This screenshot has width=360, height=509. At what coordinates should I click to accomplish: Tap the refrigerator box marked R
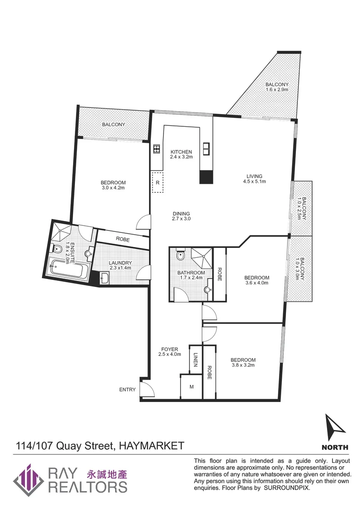point(158,182)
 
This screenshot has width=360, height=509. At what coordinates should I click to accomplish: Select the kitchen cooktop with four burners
point(157,149)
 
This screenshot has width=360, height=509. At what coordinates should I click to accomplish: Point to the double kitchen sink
point(206,149)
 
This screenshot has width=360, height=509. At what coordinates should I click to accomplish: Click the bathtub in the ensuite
point(68,270)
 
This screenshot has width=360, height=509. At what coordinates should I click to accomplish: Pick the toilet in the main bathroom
point(180,255)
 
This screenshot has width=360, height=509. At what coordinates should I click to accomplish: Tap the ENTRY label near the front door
point(127,390)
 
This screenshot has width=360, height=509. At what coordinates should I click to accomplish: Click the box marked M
point(191,386)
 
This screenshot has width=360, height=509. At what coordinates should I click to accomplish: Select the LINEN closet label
point(195,361)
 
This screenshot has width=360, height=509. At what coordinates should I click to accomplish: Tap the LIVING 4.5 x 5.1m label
point(254,179)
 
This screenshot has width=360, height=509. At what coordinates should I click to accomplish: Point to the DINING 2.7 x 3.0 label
point(181,216)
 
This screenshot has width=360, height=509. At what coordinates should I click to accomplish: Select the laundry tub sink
point(105,279)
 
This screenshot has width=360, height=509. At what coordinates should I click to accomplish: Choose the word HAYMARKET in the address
point(151,445)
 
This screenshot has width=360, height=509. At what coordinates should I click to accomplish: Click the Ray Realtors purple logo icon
point(29,479)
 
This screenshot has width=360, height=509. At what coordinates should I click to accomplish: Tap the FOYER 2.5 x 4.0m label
point(170,352)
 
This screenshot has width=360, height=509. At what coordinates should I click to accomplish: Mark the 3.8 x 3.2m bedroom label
point(243,362)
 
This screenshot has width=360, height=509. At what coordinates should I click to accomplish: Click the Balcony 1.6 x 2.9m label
point(277,87)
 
